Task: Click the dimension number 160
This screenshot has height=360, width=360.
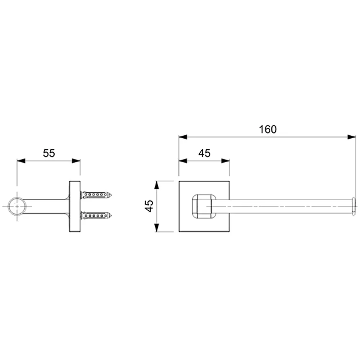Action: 268,129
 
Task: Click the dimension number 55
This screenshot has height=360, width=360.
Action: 49,153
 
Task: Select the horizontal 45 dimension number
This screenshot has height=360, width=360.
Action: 204,153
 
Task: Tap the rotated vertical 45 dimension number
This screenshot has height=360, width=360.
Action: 149,206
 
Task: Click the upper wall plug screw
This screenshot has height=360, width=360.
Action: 96,195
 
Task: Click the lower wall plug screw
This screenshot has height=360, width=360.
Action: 96,216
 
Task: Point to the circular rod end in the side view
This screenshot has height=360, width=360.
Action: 17,206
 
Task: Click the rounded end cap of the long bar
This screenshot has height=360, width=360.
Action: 354,206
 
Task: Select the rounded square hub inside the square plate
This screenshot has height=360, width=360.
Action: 204,206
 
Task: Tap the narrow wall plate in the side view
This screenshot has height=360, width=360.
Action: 75,206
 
